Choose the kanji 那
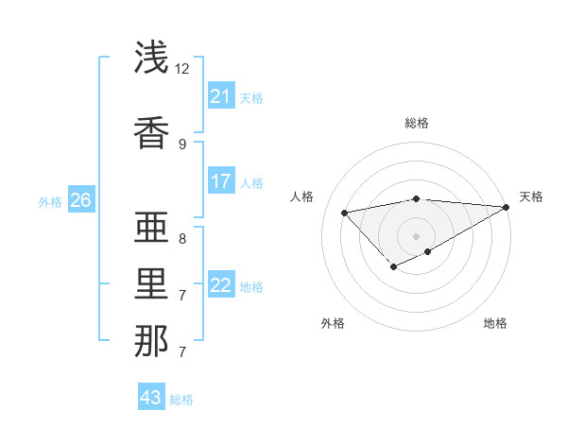click(152, 341)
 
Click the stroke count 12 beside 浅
click(182, 69)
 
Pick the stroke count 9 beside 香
click(182, 144)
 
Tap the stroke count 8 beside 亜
click(182, 238)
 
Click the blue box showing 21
click(221, 96)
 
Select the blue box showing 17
click(221, 181)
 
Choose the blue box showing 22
click(221, 285)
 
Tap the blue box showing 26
click(80, 200)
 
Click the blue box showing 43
click(151, 398)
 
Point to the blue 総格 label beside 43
click(181, 400)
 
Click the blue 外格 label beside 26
click(50, 201)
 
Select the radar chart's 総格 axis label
click(417, 123)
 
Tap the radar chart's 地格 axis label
click(495, 323)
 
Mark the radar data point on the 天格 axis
click(507, 207)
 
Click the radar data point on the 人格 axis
click(344, 212)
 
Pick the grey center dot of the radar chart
click(417, 235)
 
